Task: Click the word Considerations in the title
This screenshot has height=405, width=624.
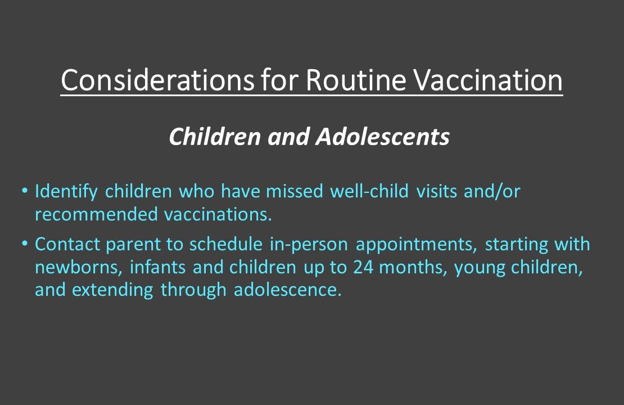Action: [x=156, y=80]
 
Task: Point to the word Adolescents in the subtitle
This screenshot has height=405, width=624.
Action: [x=382, y=137]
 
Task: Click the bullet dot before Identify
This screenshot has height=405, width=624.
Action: [x=24, y=191]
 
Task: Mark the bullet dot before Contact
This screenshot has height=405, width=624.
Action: [x=24, y=244]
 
